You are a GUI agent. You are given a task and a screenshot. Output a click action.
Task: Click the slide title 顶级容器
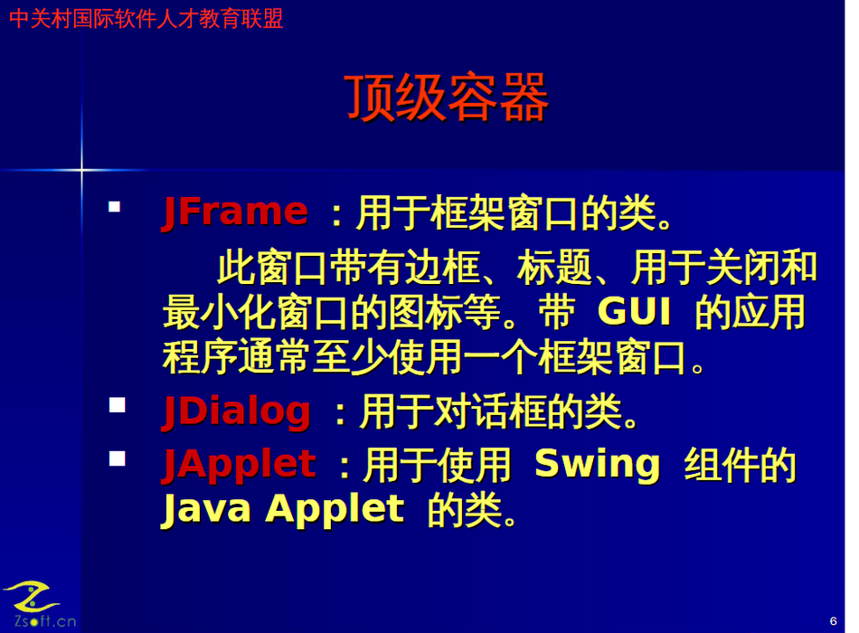(x=447, y=98)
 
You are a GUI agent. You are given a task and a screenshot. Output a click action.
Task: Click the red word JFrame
(x=236, y=213)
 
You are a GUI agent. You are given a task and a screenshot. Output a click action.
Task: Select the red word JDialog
(x=237, y=411)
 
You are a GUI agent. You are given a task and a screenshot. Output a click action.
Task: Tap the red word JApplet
(x=240, y=465)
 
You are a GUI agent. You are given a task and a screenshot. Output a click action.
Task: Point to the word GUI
(x=635, y=311)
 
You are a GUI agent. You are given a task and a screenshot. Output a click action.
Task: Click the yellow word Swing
(x=598, y=466)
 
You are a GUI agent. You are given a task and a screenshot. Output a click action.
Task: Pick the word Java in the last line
(x=206, y=509)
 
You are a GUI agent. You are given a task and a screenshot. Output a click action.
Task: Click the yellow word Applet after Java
(x=335, y=509)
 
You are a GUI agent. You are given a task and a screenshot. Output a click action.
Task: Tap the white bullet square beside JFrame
(x=114, y=206)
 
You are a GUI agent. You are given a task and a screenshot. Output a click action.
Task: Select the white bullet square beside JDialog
(x=118, y=405)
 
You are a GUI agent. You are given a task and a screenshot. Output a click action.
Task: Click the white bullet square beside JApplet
(x=118, y=458)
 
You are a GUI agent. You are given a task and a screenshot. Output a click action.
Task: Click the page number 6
(x=834, y=621)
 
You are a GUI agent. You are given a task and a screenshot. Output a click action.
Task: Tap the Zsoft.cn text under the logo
(x=45, y=621)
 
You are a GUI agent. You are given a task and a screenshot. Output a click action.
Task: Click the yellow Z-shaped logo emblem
(x=32, y=597)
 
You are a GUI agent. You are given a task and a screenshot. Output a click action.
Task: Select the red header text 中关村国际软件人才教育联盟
(x=146, y=19)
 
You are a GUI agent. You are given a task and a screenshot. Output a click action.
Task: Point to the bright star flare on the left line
(x=81, y=170)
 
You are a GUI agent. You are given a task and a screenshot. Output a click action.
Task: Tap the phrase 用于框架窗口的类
(x=514, y=213)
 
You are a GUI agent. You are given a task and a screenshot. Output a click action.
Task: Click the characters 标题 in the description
(x=554, y=268)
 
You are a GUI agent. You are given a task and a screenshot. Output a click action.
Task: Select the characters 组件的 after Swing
(x=741, y=466)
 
